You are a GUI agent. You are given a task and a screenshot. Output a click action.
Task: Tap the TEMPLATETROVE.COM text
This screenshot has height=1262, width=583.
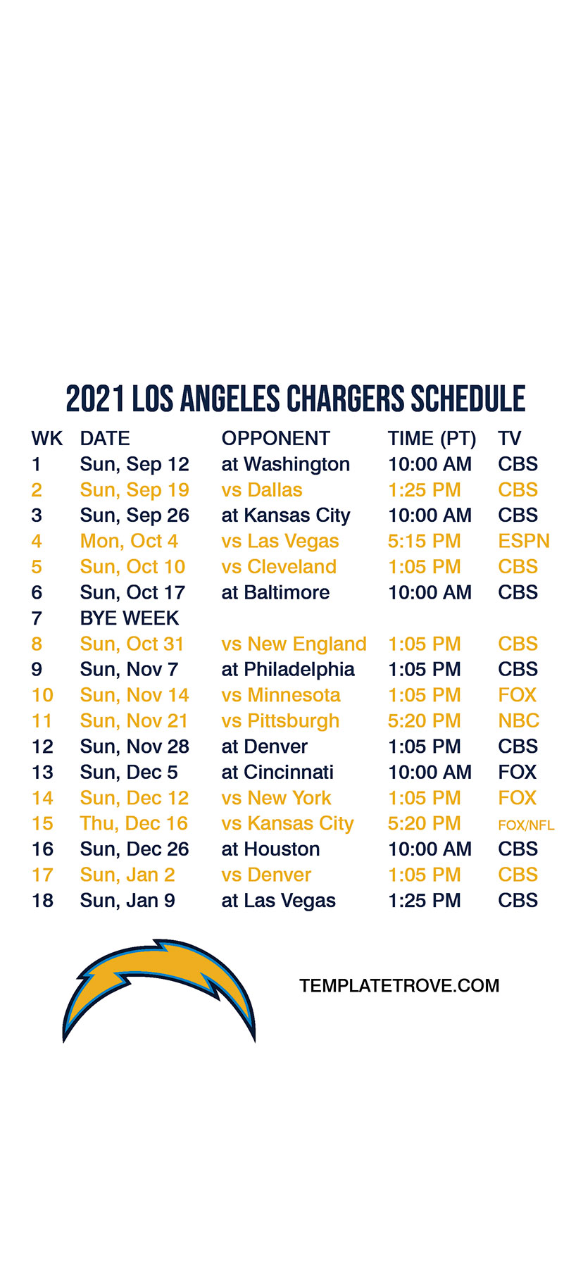coord(399,986)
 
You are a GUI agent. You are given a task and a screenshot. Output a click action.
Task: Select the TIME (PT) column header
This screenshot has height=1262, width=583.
coord(432,439)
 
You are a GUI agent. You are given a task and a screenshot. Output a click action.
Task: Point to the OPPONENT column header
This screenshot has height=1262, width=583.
coord(275,439)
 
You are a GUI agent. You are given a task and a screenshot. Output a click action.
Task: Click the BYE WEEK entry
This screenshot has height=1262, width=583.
coord(130,618)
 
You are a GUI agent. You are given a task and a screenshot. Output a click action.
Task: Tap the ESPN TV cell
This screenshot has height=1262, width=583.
coord(524,542)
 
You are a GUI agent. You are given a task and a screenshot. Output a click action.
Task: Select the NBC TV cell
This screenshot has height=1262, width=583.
coord(518,721)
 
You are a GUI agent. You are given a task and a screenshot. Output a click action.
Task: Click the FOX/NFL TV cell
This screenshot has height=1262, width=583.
coord(526,825)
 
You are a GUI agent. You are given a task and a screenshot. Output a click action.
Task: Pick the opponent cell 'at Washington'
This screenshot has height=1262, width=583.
coord(285,465)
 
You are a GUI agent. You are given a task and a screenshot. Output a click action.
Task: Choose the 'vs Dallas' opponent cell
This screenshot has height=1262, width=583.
coord(262,490)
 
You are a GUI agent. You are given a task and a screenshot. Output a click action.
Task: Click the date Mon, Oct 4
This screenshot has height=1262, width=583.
coord(129,542)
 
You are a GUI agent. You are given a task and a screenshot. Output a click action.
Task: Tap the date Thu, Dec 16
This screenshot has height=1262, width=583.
coord(134,824)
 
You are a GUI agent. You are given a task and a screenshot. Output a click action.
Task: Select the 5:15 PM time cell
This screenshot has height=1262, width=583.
coord(425,542)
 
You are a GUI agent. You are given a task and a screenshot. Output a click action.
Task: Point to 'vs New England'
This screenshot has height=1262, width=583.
coord(294,644)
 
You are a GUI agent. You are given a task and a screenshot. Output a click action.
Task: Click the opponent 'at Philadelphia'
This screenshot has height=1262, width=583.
coord(288,670)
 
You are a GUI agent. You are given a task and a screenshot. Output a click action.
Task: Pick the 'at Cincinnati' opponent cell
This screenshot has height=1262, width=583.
coord(277,773)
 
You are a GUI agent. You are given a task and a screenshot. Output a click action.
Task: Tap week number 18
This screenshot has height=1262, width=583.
coord(42,901)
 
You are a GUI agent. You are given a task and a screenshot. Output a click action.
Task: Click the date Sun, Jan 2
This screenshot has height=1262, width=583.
coord(127,875)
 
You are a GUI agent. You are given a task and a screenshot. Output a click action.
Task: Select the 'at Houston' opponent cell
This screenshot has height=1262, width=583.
coord(270,849)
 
